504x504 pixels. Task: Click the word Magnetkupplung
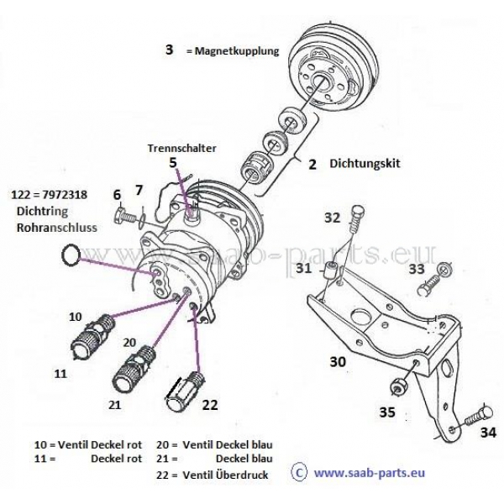click(236, 51)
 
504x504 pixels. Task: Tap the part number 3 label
click(169, 50)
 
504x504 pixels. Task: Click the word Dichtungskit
click(361, 165)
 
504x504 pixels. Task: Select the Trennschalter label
click(182, 148)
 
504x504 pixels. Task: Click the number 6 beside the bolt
click(118, 195)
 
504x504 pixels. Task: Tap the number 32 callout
click(333, 218)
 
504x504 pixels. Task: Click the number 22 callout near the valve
click(210, 404)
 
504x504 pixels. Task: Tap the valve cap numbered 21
click(134, 368)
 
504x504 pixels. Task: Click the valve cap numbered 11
click(85, 343)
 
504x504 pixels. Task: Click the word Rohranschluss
click(55, 226)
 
